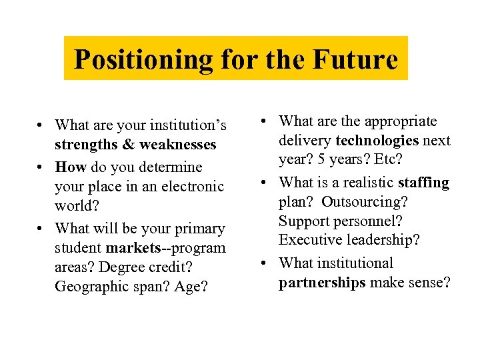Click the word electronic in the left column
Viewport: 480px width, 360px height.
[x=193, y=186]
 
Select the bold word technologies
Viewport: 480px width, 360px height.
[x=377, y=141]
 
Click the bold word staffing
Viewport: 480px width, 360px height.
[x=423, y=182]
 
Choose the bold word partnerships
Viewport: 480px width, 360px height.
[x=322, y=283]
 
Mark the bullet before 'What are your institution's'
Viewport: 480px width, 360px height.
[x=41, y=125]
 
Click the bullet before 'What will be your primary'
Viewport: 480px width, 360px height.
[x=41, y=229]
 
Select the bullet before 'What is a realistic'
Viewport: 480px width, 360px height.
[x=265, y=182]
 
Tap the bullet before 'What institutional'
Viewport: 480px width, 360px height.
[x=265, y=263]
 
